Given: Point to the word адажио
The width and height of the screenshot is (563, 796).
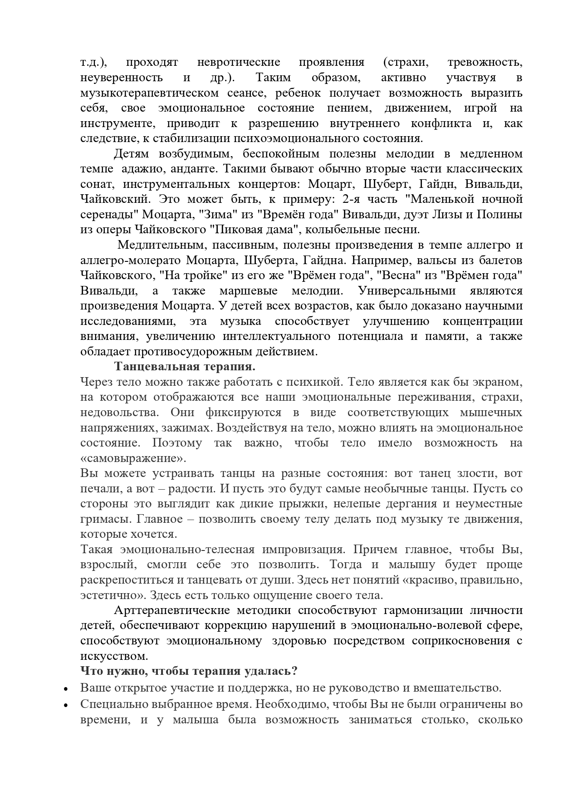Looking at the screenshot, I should [x=138, y=169].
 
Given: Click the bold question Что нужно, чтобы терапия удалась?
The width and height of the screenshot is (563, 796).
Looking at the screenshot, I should [x=189, y=671].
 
